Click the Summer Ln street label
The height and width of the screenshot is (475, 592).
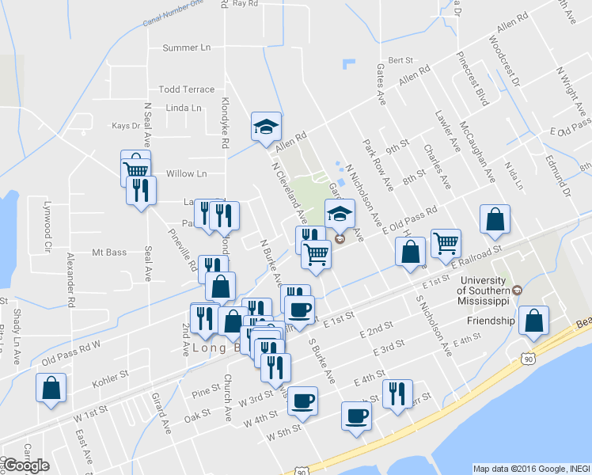pos(187,47)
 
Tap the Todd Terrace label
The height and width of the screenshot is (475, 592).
pos(187,89)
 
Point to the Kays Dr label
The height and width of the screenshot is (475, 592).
pos(126,126)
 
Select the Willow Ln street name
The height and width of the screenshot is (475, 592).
pos(187,173)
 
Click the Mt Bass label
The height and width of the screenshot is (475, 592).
pos(109,253)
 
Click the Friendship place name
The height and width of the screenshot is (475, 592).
pos(491,321)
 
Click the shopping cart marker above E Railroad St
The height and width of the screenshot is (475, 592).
pos(446,242)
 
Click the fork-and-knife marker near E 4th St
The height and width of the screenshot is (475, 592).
pos(397,393)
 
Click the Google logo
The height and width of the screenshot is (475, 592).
pos(25,465)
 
